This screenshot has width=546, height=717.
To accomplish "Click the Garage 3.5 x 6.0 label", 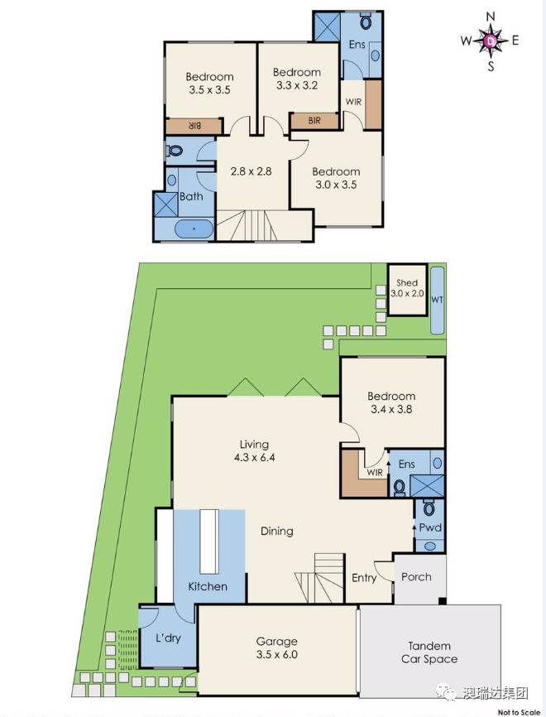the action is [x=276, y=648].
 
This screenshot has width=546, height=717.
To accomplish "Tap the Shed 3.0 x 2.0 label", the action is [x=407, y=288].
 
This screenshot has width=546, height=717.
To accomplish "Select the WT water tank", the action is [x=438, y=300].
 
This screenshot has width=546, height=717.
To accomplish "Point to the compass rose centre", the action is [x=491, y=41].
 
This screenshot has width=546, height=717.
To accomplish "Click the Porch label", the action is [x=416, y=576].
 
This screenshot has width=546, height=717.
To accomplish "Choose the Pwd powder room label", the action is [x=430, y=527].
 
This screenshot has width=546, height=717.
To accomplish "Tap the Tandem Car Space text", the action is [x=429, y=652].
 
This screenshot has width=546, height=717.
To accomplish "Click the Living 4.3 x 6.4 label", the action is [x=255, y=450].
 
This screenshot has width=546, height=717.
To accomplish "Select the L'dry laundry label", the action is [x=168, y=638].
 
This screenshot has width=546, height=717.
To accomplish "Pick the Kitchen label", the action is [x=208, y=586].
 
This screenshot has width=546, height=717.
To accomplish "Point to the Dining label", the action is [x=277, y=531].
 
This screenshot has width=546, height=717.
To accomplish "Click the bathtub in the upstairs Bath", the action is [x=194, y=229].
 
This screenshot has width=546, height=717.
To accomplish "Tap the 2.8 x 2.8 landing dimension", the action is [x=251, y=171].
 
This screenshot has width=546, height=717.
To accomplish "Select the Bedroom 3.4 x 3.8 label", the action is [x=391, y=402].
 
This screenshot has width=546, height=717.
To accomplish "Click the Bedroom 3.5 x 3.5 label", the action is [x=209, y=84].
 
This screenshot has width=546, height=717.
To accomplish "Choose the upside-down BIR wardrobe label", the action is [x=194, y=126].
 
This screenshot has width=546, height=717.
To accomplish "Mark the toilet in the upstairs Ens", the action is [x=366, y=21].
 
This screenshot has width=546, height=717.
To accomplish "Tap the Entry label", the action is [x=364, y=578].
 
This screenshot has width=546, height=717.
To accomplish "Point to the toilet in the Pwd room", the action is [x=429, y=507].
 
